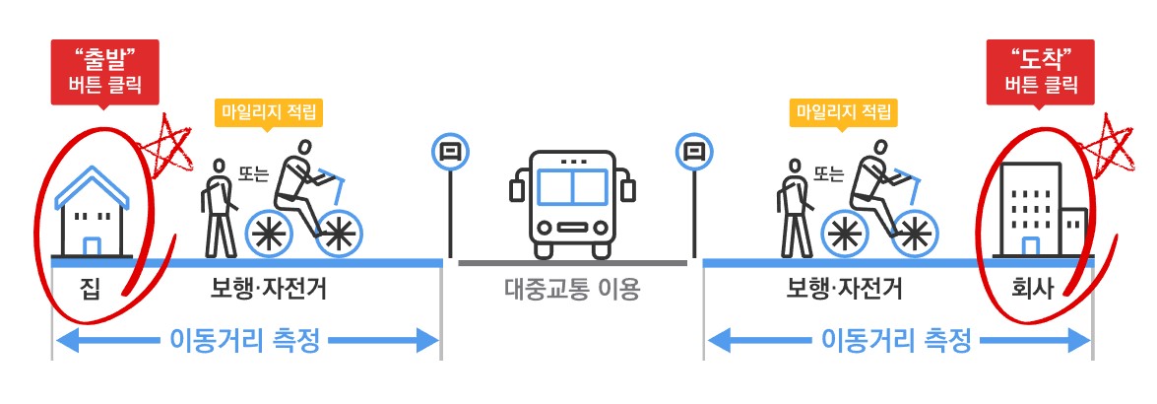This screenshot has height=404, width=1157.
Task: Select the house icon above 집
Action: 95,211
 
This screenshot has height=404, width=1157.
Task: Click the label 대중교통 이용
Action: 572,290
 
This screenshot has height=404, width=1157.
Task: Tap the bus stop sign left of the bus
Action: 450,152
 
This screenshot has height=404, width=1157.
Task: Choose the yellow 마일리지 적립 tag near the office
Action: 843,111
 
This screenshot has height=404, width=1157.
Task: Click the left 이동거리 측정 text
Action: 246,341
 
